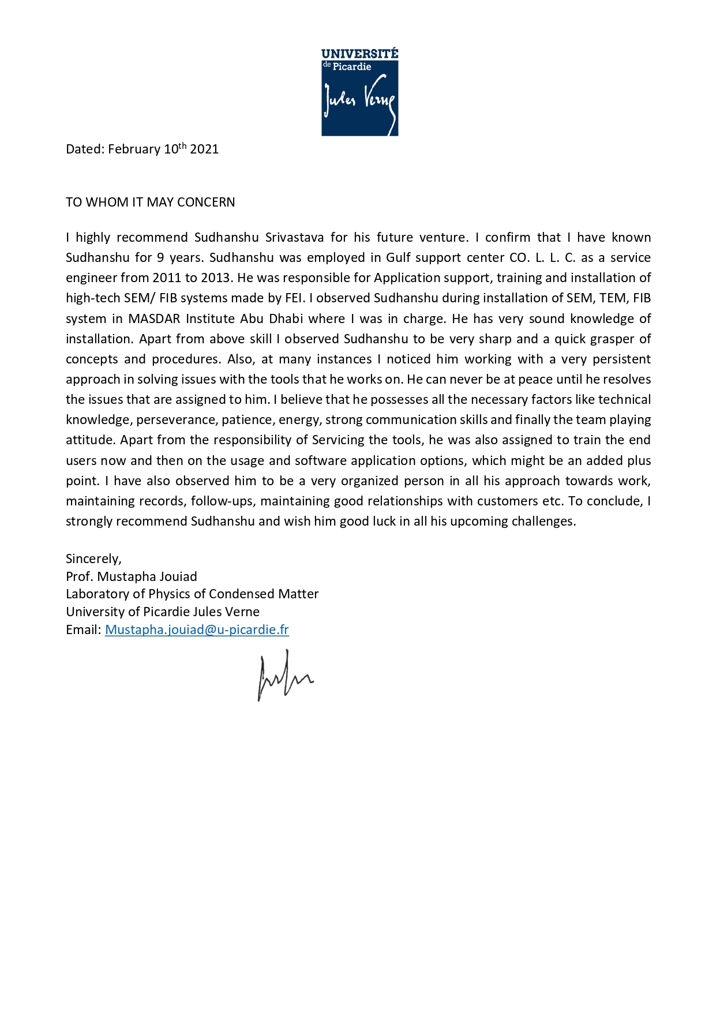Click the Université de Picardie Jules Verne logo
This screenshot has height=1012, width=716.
coord(359,92)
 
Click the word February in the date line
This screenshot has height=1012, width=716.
coord(134,149)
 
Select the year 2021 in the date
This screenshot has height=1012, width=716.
coord(204,149)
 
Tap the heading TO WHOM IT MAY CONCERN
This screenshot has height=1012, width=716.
coord(150,203)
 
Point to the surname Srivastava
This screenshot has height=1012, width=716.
coord(294,238)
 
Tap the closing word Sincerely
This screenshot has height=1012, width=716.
coord(93,559)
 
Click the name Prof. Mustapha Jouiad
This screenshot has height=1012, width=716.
coord(132,577)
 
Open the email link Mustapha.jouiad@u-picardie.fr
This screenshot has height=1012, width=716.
coord(197,630)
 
